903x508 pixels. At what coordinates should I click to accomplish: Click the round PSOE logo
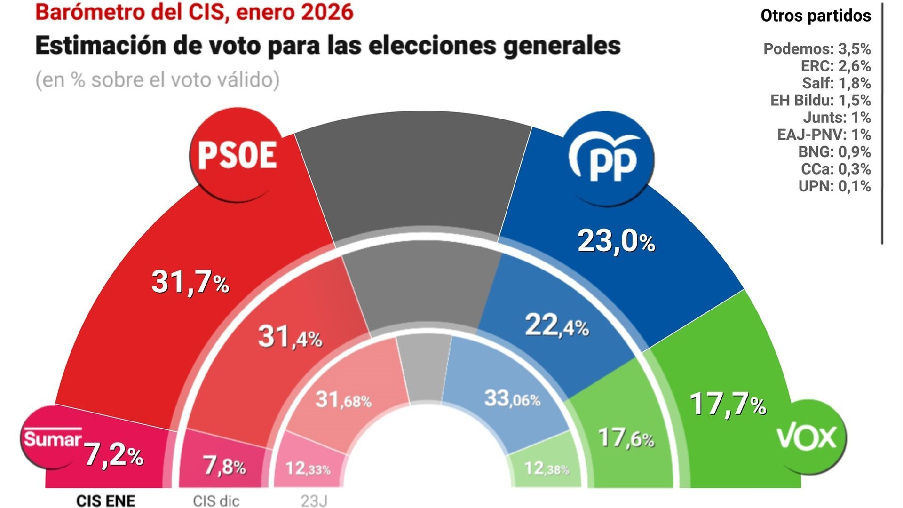(237, 155)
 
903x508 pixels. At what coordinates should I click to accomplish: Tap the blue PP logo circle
(610, 158)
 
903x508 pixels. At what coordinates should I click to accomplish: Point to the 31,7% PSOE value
(190, 282)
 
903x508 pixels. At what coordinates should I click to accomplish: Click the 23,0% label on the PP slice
(616, 241)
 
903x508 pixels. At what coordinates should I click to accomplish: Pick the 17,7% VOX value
(728, 405)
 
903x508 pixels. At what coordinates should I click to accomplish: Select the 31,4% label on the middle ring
(290, 337)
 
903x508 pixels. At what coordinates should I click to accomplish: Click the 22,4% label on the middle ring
(556, 325)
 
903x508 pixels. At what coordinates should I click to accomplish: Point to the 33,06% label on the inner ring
(512, 399)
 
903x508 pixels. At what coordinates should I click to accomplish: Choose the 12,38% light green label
(546, 468)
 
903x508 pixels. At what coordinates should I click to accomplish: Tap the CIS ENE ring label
(106, 500)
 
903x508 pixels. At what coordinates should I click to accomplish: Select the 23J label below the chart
(314, 501)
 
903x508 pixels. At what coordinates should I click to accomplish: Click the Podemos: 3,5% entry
(816, 49)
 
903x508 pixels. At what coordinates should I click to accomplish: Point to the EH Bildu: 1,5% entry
(820, 100)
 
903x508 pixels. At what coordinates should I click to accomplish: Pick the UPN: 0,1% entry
(834, 186)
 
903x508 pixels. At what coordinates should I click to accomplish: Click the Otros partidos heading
(816, 16)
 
